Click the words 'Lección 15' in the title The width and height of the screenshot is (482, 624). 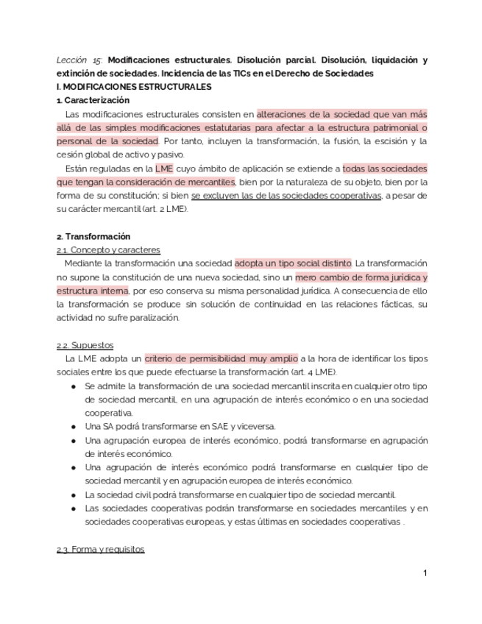(80, 60)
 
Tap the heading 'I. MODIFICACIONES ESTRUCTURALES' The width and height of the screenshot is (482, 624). (134, 87)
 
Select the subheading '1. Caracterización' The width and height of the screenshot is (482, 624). (93, 100)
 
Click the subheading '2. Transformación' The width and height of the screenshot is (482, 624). (93, 236)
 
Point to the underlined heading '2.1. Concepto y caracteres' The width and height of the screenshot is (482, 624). (108, 250)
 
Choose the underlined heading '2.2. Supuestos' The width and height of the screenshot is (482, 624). (85, 345)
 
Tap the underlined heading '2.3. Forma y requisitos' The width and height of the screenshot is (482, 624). (100, 550)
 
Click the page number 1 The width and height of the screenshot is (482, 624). (425, 573)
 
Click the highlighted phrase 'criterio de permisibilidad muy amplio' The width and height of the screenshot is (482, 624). (221, 359)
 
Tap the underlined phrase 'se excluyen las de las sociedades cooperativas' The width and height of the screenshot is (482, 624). (286, 196)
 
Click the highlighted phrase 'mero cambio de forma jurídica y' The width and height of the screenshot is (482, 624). (361, 277)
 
